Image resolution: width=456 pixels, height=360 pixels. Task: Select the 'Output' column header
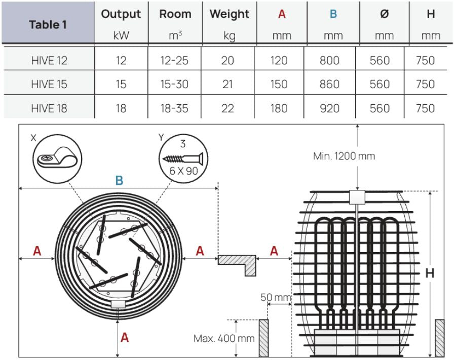121,14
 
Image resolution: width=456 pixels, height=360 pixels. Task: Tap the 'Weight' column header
229,14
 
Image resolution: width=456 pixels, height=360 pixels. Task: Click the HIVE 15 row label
49,84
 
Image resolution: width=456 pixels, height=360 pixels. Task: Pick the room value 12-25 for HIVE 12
174,60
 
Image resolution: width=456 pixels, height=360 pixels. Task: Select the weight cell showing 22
227,108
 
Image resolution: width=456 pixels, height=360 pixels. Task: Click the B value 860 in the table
330,84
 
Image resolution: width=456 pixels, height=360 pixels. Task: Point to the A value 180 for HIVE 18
279,108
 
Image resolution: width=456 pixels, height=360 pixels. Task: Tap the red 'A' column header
282,14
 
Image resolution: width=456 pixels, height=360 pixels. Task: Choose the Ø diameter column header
384,14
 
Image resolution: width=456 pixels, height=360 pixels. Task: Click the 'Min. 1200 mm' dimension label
344,156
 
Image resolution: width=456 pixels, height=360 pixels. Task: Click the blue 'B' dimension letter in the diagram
119,181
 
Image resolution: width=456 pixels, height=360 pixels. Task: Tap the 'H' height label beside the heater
430,273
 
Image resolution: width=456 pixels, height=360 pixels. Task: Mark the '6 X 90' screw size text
184,171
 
